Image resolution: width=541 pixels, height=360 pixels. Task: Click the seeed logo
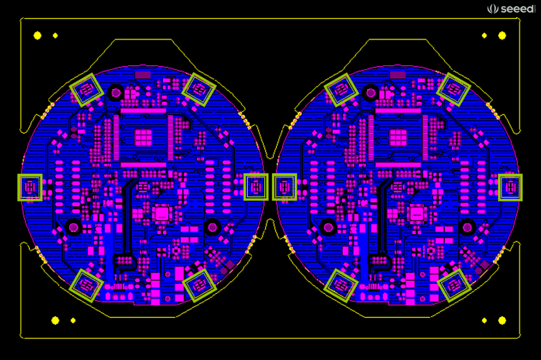(512, 8)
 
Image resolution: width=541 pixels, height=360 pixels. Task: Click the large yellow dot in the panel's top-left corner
(38, 36)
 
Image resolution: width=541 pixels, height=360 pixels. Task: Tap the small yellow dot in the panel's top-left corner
(55, 36)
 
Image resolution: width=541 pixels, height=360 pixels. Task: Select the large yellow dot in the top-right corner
(502, 36)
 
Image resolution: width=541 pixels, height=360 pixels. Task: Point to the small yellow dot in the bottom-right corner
(484, 321)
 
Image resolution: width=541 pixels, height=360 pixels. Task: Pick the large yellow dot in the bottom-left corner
(55, 321)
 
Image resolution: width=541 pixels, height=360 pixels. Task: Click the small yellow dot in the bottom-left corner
(73, 321)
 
